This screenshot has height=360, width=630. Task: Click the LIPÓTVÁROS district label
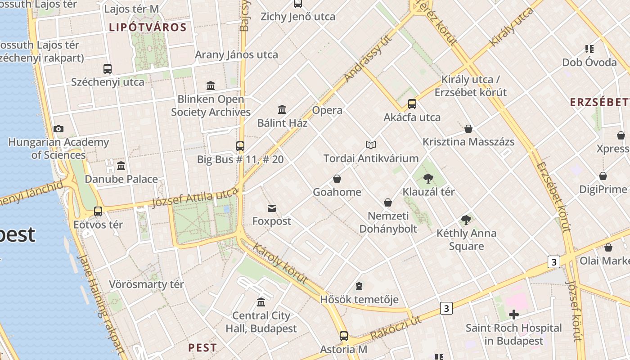148,27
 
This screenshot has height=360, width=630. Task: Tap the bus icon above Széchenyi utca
108,69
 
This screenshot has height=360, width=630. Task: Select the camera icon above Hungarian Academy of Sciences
58,129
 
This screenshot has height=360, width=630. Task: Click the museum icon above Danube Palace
121,166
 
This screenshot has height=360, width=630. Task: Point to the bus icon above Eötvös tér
98,211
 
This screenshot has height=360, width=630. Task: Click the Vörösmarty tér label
146,284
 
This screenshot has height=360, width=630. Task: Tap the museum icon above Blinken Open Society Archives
211,85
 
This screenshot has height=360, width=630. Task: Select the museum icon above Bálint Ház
282,109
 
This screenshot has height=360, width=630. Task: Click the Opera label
327,110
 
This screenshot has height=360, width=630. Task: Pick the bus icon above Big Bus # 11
240,146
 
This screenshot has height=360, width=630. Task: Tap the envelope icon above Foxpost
272,208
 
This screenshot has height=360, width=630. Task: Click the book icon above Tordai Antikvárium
371,145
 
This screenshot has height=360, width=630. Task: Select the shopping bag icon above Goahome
337,179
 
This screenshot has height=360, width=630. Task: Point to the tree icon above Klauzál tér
428,179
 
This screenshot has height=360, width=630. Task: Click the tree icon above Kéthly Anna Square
466,220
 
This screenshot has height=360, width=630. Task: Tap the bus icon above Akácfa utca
412,104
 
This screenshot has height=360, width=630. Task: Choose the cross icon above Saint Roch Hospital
513,315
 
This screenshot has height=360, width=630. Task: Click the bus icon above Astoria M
344,336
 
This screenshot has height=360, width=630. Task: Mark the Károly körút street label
280,263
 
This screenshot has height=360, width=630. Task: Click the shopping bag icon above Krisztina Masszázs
468,129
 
